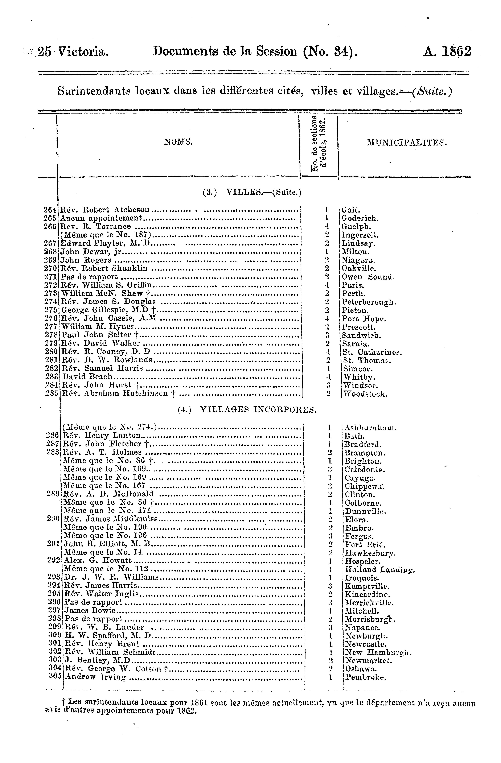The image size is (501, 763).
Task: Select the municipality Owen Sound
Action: [x=368, y=277]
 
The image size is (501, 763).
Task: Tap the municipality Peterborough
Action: [x=369, y=302]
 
